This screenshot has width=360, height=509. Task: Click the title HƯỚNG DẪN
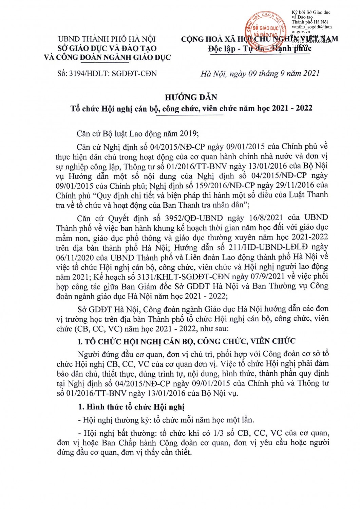(x=191, y=97)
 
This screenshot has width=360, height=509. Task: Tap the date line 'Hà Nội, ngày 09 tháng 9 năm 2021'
(x=260, y=73)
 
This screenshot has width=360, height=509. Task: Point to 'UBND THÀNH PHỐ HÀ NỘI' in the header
(x=107, y=39)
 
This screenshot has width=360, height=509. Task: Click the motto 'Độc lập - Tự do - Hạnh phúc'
(x=260, y=49)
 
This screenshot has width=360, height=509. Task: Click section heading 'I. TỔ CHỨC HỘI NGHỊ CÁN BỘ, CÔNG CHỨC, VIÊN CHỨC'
(x=187, y=341)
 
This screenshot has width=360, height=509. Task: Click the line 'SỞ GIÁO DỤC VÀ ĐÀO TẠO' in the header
(x=107, y=48)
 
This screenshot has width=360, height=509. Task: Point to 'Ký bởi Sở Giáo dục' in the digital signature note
(x=311, y=13)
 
